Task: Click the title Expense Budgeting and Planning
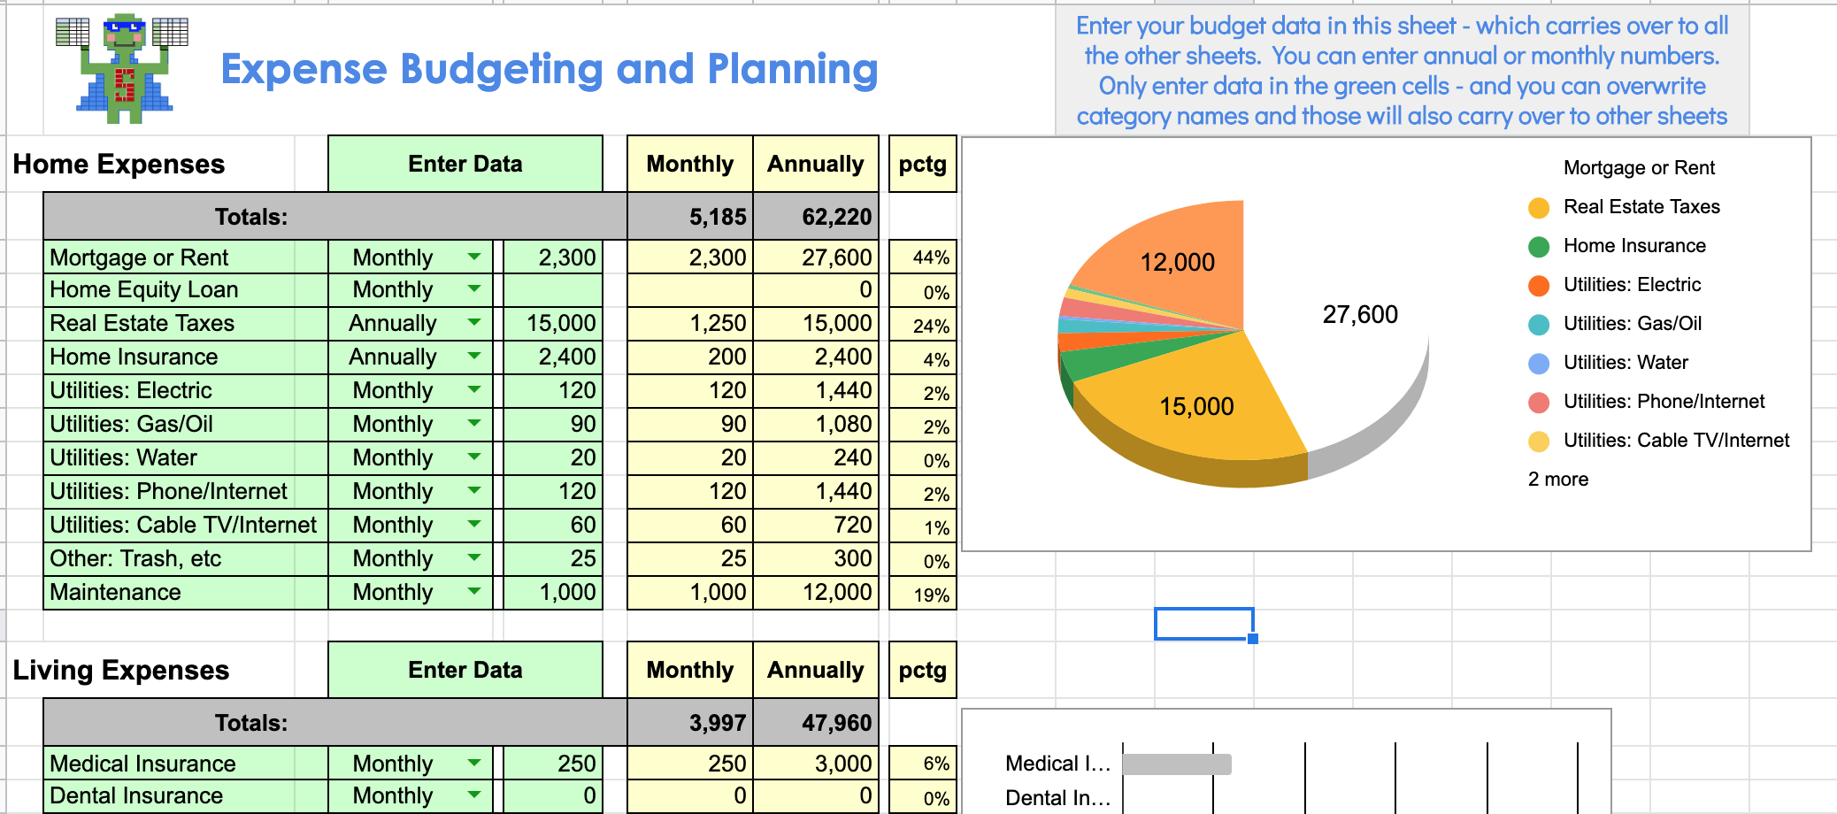click(549, 69)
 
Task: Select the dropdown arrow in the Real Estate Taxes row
click(474, 323)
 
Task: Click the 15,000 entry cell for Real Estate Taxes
click(554, 323)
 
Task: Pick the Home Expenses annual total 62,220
click(816, 217)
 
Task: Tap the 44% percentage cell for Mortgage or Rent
click(923, 257)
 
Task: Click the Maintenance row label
click(115, 592)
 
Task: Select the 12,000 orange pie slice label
click(1177, 262)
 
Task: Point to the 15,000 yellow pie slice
click(1196, 406)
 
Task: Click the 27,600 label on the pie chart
click(1360, 314)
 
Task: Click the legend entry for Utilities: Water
click(1625, 363)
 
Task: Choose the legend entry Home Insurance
click(1633, 246)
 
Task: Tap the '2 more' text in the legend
click(1558, 480)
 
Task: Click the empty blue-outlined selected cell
click(1203, 624)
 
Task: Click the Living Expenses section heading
click(121, 670)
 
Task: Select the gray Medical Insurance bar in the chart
click(1176, 764)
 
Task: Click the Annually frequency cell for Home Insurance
click(394, 357)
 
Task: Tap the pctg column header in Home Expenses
click(923, 164)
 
